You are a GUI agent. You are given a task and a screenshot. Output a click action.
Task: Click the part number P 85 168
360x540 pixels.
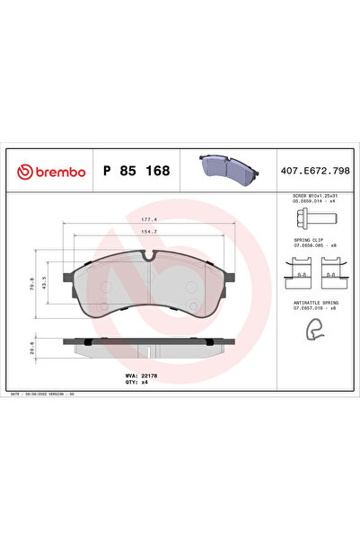[x=136, y=171]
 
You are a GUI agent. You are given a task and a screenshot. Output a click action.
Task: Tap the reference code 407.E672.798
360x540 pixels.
[x=307, y=171]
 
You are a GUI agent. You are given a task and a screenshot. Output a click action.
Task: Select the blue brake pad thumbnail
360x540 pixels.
[x=226, y=168]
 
